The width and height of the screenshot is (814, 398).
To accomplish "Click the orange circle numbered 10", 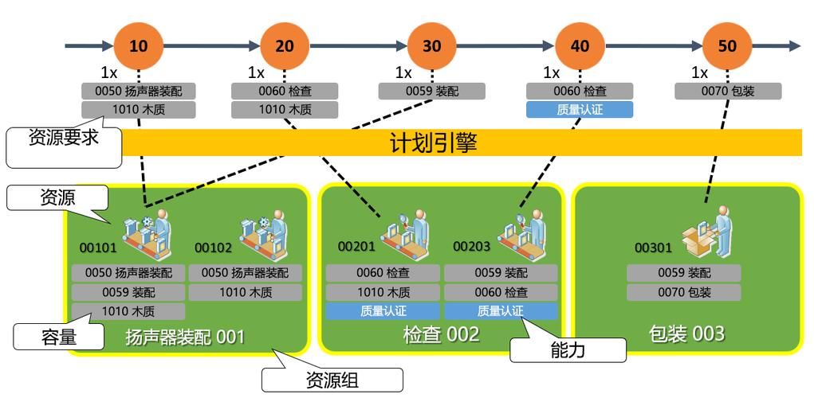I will [138, 45].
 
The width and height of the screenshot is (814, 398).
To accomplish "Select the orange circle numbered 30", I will [431, 45].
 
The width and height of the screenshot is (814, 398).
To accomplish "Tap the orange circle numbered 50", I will [727, 45].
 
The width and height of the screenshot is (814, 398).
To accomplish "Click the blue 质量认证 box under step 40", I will [580, 110].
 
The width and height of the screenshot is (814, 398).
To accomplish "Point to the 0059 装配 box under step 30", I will [431, 92].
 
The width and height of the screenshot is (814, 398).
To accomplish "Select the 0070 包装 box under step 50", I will [727, 92].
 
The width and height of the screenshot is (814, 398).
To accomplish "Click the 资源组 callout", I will [332, 380].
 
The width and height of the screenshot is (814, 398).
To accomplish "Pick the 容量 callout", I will [58, 337].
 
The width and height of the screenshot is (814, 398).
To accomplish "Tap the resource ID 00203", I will [471, 247].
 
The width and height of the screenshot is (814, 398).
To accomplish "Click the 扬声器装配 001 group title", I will [185, 338].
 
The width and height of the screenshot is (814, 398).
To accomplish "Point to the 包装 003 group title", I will [687, 333].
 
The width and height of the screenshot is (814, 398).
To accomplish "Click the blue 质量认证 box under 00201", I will [383, 311].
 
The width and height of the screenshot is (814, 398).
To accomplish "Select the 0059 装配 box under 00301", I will [683, 273].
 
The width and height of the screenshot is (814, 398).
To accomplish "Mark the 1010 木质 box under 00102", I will [245, 292].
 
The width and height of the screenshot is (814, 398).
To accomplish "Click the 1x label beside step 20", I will [255, 73].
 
